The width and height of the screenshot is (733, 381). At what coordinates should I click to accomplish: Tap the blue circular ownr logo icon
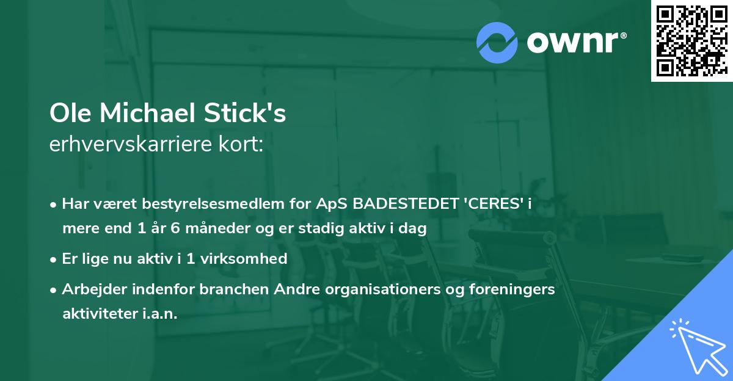(497, 43)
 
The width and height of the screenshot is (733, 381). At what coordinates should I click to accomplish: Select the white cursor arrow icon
(698, 346)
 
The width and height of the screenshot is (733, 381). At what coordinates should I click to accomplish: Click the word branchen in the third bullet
(228, 289)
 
